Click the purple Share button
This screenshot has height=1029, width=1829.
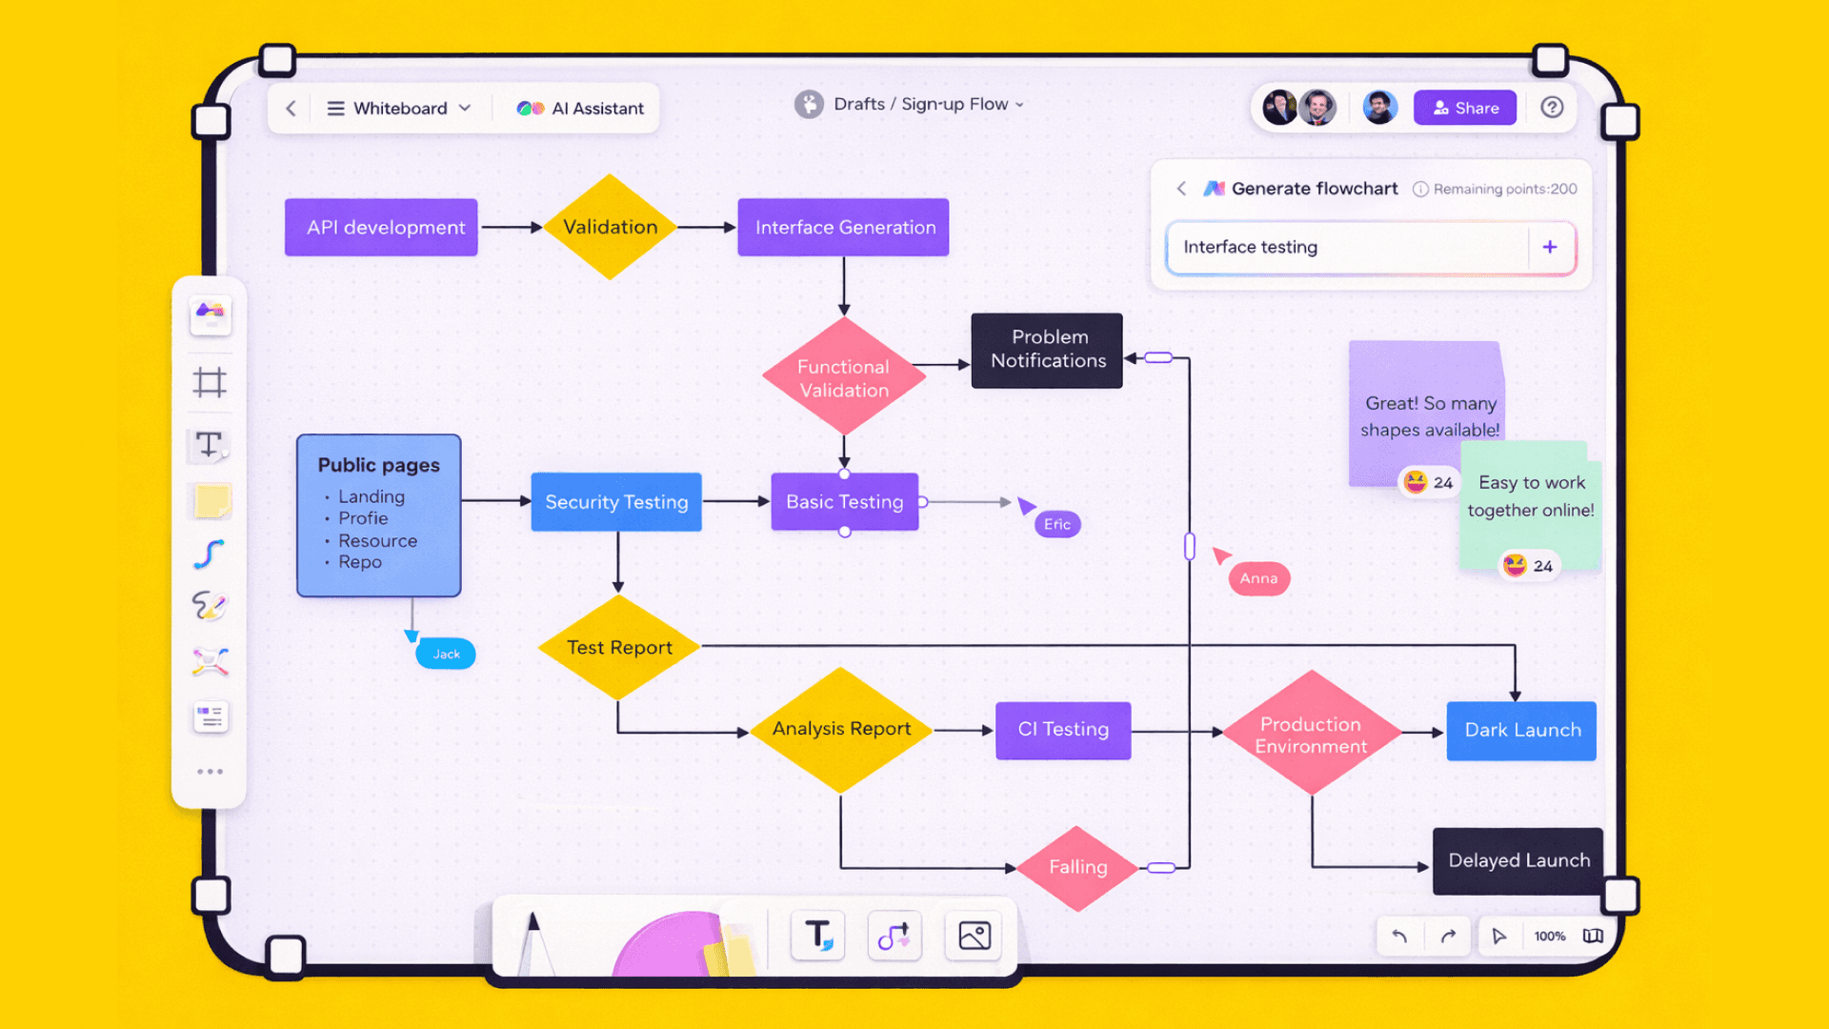point(1464,108)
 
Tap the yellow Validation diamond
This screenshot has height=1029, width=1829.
point(610,228)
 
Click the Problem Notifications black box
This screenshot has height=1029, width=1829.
point(1047,350)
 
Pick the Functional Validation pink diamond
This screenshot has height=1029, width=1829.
point(843,378)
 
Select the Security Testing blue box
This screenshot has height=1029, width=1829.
point(616,502)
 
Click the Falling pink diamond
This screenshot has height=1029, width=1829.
point(1077,867)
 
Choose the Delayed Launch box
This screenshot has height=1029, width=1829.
point(1518,860)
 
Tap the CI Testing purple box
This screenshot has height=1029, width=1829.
point(1063,730)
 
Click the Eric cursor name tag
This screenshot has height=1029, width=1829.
point(1057,524)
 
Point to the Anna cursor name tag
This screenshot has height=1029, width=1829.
point(1258,578)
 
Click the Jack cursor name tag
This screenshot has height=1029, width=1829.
point(446,654)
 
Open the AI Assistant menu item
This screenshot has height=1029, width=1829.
point(580,109)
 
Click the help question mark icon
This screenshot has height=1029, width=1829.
point(1552,108)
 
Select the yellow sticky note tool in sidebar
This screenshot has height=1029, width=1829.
point(211,501)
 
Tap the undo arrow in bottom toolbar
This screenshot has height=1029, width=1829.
point(1399,936)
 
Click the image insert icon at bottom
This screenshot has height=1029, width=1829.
point(974,936)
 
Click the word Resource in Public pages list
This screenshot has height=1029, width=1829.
point(377,540)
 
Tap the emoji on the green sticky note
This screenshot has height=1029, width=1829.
point(1515,565)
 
